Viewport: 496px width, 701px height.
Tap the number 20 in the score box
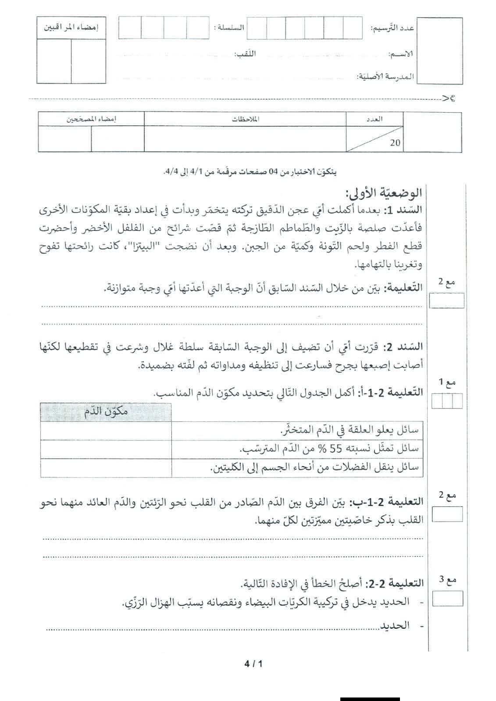pos(395,143)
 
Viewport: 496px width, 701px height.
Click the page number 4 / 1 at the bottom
pos(253,664)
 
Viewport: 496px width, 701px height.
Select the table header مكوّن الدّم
pos(105,412)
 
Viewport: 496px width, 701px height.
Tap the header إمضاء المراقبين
pos(71,27)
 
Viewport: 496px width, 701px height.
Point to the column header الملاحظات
pos(245,119)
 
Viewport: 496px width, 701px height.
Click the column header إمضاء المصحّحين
pos(91,119)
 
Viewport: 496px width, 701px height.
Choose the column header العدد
pos(375,119)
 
